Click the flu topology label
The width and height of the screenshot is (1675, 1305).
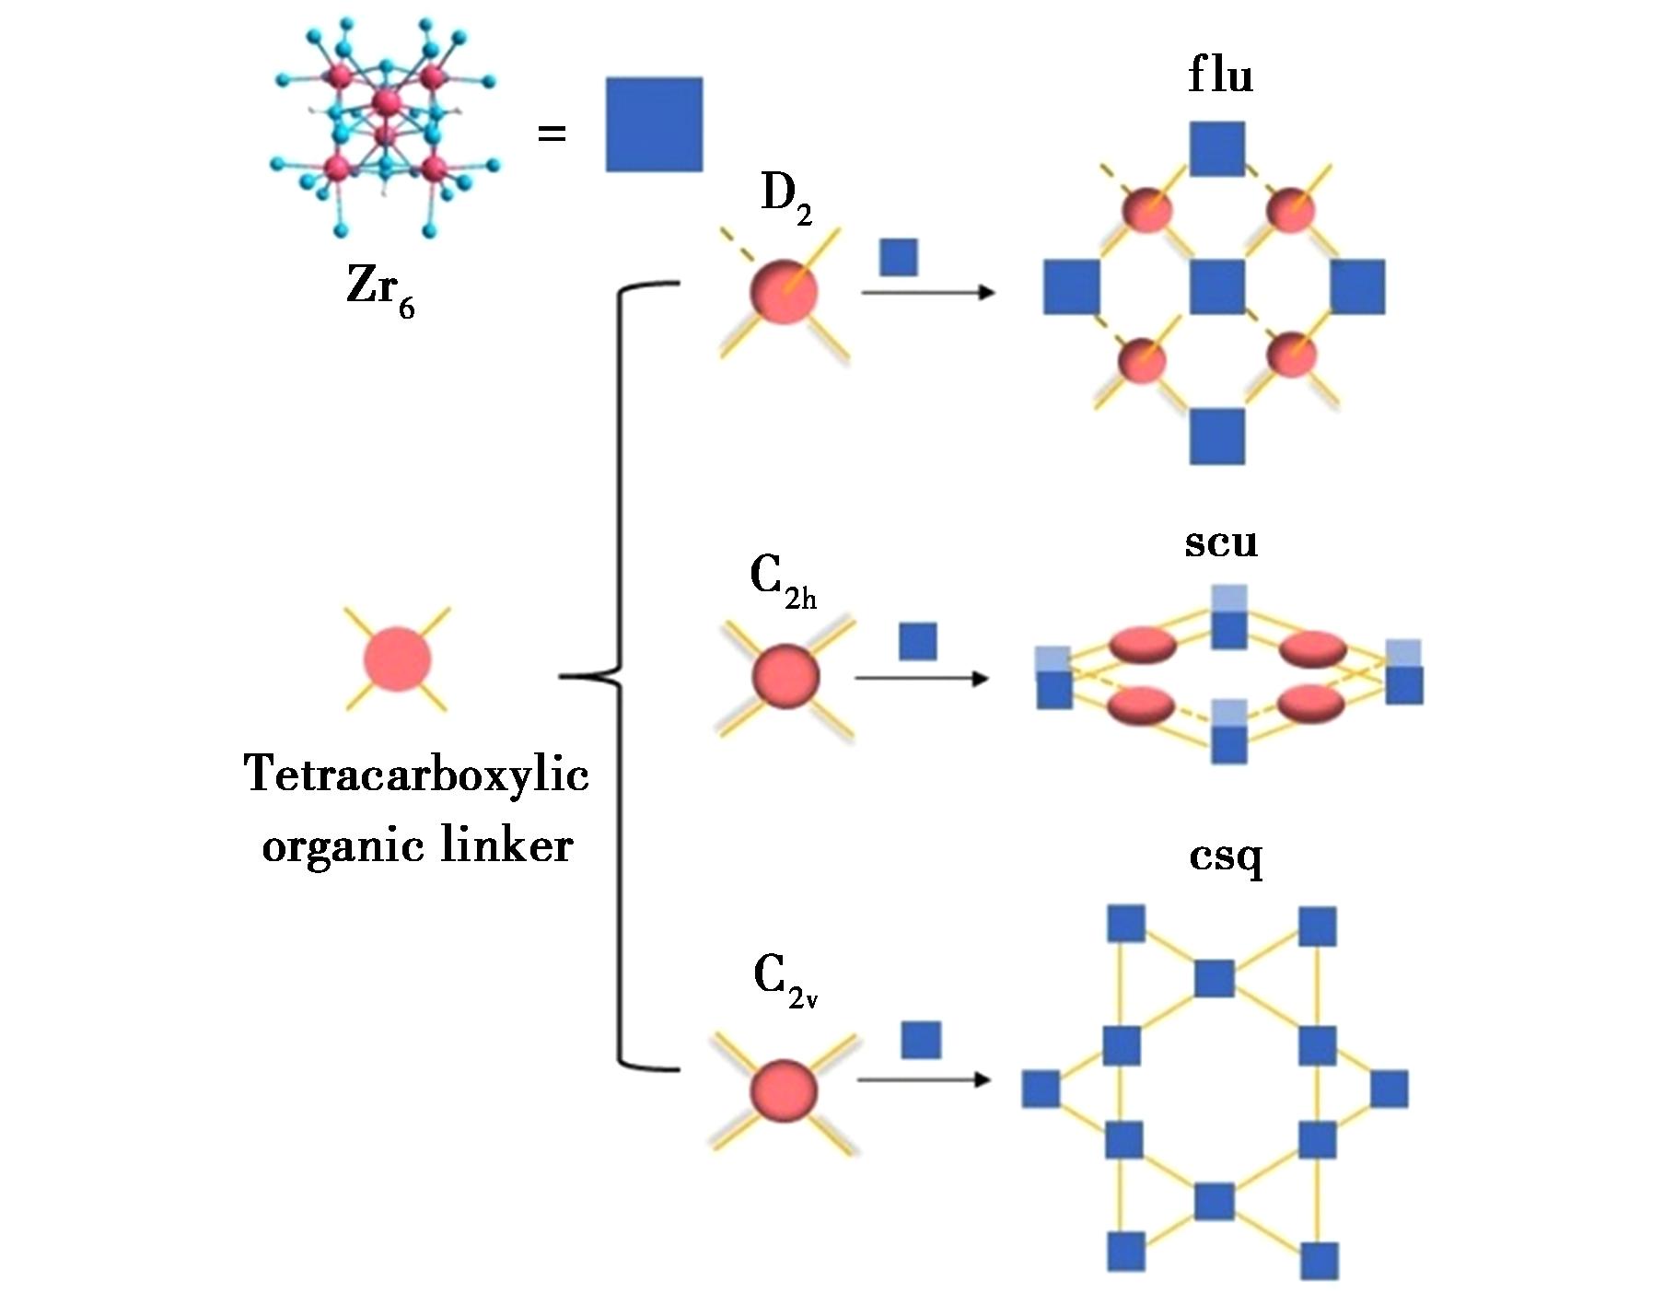tap(1220, 75)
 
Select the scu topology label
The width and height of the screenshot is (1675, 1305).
tap(1221, 542)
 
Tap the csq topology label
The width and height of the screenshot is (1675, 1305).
tap(1226, 856)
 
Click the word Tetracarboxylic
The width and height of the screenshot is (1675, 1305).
tap(416, 773)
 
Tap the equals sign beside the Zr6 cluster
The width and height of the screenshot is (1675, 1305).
tap(552, 134)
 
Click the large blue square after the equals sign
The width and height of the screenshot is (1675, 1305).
tap(654, 124)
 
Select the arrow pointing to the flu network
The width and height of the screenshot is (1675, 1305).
tap(928, 293)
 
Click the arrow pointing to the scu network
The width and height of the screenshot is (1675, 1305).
tap(922, 679)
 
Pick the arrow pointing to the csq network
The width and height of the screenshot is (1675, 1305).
tap(924, 1079)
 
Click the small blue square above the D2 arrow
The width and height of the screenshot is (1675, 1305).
tap(899, 257)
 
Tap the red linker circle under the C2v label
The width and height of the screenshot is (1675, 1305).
tap(785, 1092)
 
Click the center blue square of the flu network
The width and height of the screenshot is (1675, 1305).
tap(1217, 286)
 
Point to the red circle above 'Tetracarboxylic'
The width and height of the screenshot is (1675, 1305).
tap(398, 659)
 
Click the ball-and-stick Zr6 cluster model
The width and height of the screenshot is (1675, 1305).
tap(386, 129)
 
